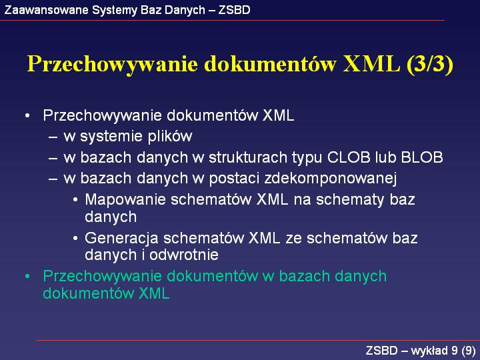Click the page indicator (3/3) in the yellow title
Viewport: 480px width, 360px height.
click(x=430, y=64)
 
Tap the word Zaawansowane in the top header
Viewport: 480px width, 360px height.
click(x=46, y=10)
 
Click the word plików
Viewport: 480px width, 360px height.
click(x=170, y=136)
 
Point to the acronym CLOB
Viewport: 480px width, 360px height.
click(x=349, y=157)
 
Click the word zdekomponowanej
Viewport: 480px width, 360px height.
click(x=330, y=179)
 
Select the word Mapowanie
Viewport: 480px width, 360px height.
click(x=125, y=200)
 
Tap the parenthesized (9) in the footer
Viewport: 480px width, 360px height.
click(x=469, y=351)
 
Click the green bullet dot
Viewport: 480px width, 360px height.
click(x=27, y=277)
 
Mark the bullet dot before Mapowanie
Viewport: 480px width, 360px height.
click(x=75, y=200)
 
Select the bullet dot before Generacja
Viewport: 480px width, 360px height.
click(x=75, y=239)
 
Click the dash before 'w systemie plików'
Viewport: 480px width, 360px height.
click(x=53, y=137)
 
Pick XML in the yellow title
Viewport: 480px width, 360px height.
click(x=371, y=64)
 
